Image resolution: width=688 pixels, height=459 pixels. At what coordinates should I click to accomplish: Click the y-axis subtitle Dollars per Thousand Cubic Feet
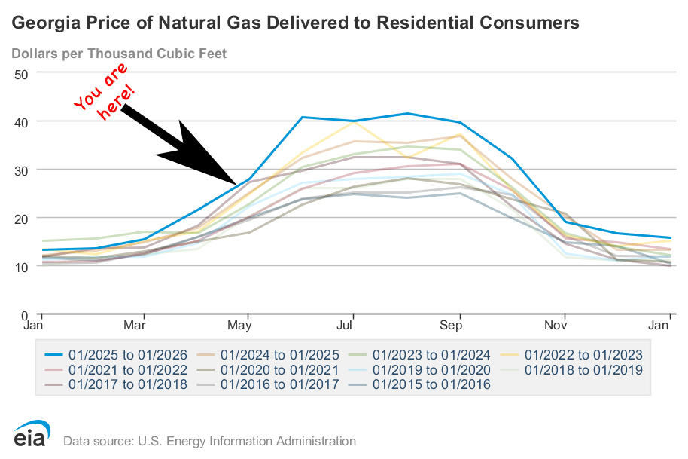[x=119, y=54]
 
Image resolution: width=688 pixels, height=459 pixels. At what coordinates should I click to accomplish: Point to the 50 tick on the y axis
[x=20, y=73]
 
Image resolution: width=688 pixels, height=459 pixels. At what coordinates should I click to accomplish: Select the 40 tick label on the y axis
[x=20, y=121]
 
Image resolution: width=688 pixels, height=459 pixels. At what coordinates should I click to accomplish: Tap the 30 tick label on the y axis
[x=20, y=170]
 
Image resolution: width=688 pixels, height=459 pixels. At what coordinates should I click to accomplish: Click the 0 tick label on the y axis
[x=24, y=314]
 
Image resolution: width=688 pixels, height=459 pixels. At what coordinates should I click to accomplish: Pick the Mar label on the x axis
[x=135, y=326]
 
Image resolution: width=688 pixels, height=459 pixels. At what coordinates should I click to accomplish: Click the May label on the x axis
[x=239, y=326]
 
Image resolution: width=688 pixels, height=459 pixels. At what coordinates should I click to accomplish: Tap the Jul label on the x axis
[x=345, y=326]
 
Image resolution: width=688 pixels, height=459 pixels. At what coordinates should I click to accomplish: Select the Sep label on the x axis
[x=451, y=326]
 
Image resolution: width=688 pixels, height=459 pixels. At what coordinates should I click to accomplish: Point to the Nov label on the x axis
[x=556, y=326]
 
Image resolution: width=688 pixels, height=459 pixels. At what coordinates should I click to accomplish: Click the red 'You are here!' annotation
[x=105, y=91]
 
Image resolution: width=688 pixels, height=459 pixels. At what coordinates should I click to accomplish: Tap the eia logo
[x=31, y=435]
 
